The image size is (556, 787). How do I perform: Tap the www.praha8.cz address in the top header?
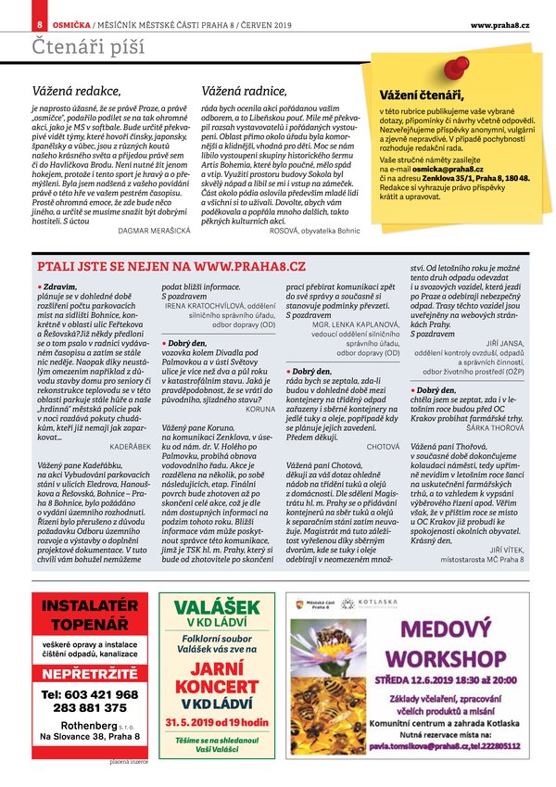[x=499, y=23]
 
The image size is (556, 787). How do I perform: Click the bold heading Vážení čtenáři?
[x=421, y=95]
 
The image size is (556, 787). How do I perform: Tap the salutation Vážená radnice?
[x=243, y=92]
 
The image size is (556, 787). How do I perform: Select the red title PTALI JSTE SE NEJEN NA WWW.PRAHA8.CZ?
[x=171, y=266]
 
